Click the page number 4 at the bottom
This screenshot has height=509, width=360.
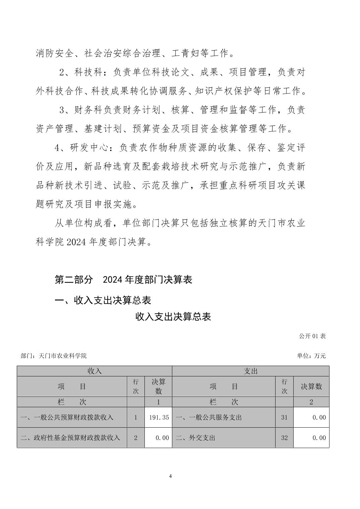[171, 476]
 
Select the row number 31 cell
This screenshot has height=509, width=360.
[284, 418]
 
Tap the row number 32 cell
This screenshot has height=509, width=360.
[284, 438]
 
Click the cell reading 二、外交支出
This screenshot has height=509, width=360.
[195, 438]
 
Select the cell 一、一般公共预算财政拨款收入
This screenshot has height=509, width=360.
[67, 418]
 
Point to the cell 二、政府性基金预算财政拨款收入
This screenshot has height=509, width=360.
[70, 438]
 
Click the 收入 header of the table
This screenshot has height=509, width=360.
[94, 371]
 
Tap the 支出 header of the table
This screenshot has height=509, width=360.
[250, 371]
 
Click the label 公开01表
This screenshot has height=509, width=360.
[312, 336]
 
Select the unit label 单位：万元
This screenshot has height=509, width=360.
[311, 356]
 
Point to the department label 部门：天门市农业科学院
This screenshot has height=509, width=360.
[54, 356]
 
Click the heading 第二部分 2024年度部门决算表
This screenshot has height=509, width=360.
[123, 280]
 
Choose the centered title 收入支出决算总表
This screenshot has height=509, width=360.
[173, 316]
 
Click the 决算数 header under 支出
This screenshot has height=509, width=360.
[311, 386]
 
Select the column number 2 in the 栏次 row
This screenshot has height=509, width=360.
[311, 402]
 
